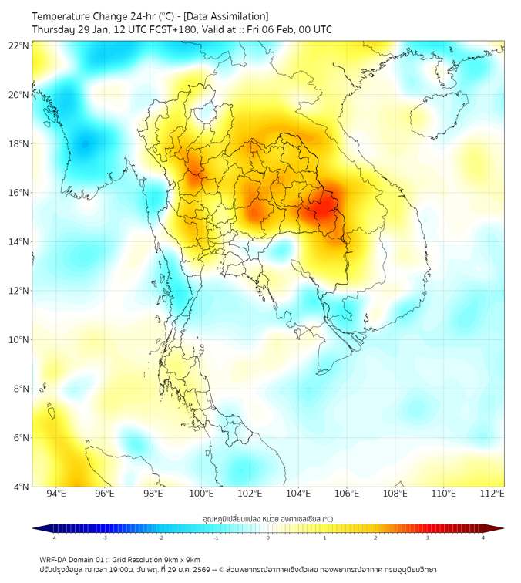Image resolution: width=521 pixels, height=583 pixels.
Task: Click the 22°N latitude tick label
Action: pyautogui.click(x=19, y=45)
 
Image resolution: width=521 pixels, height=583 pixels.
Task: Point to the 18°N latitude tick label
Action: pyautogui.click(x=19, y=143)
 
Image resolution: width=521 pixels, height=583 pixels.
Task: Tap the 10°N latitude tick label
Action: pyautogui.click(x=19, y=339)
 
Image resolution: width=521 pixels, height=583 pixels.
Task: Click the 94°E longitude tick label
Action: pyautogui.click(x=56, y=494)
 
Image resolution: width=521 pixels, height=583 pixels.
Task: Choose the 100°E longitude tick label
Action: pyautogui.click(x=202, y=494)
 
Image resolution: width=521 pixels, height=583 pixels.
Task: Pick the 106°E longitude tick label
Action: pyautogui.click(x=347, y=494)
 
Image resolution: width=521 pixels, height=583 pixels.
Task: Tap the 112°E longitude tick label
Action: pyautogui.click(x=492, y=494)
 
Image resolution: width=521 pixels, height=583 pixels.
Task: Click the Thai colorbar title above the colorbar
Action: pyautogui.click(x=267, y=518)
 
